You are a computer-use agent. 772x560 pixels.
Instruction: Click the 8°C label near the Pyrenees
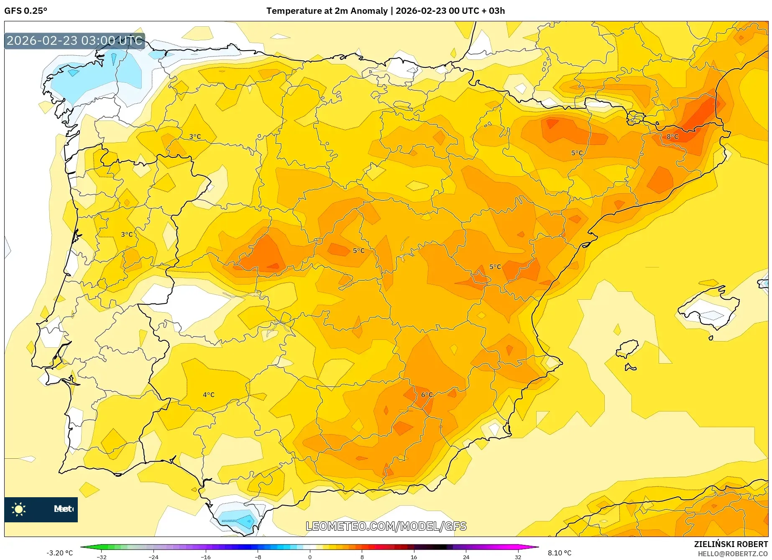pos(672,136)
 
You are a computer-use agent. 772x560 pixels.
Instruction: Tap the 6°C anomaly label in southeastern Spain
pos(427,395)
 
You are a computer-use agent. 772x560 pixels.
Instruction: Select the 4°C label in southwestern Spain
pos(208,395)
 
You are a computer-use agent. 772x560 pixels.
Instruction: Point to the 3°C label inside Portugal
pos(127,234)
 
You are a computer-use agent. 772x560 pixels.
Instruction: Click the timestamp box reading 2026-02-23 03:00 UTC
pos(74,41)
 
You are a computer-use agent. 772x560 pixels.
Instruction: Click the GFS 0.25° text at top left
pos(26,11)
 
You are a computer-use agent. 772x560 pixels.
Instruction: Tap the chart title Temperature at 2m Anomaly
pos(327,11)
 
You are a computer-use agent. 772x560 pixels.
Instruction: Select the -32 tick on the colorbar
pos(102,557)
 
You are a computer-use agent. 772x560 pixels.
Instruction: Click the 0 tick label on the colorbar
pos(310,557)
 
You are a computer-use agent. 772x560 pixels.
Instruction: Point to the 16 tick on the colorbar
pos(414,557)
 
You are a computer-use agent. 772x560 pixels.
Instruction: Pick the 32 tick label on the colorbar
pos(518,557)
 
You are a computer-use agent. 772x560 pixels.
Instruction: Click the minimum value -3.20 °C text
pos(59,553)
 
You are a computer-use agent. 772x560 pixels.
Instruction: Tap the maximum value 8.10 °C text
pos(560,553)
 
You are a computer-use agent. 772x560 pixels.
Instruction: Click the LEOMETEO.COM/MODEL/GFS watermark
pos(386,526)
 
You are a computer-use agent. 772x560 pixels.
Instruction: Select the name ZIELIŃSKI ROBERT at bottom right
pos(731,544)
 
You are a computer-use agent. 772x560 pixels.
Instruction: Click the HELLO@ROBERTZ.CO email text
pos(733,554)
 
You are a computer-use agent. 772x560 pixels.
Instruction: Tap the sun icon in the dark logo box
pos(19,509)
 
